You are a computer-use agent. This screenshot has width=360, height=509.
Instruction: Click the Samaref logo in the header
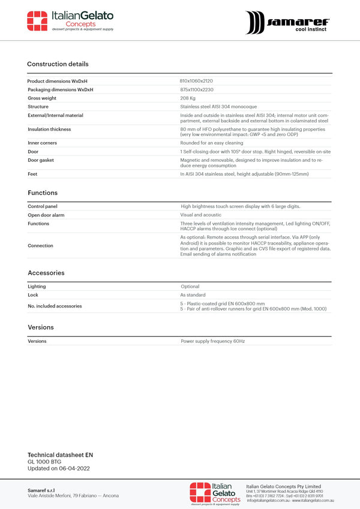287,22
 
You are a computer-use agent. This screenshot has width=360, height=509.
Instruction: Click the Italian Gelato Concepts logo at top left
70,21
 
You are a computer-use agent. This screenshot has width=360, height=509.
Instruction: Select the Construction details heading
58,64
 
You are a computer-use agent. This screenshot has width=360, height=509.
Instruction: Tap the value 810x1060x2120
196,81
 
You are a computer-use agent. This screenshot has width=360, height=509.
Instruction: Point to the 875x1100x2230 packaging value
197,89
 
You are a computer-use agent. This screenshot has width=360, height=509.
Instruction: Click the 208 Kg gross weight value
188,98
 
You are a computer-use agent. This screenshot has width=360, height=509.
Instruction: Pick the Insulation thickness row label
49,129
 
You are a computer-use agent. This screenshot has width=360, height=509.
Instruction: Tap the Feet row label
32,174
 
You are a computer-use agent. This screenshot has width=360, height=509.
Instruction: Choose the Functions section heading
43,193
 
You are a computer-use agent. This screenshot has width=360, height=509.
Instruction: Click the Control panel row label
43,206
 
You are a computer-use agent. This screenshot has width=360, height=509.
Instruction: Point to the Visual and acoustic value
200,215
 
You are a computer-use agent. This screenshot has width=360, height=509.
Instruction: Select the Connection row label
40,246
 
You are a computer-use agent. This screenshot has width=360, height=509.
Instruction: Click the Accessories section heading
46,273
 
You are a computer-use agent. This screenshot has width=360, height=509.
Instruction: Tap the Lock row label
32,295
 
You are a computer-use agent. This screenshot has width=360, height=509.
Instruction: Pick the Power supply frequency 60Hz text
213,341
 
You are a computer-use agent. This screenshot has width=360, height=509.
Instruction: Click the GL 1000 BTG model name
44,462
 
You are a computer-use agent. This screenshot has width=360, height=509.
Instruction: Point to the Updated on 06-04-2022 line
59,468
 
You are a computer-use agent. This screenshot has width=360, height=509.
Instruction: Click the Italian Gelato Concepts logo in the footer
215,493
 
